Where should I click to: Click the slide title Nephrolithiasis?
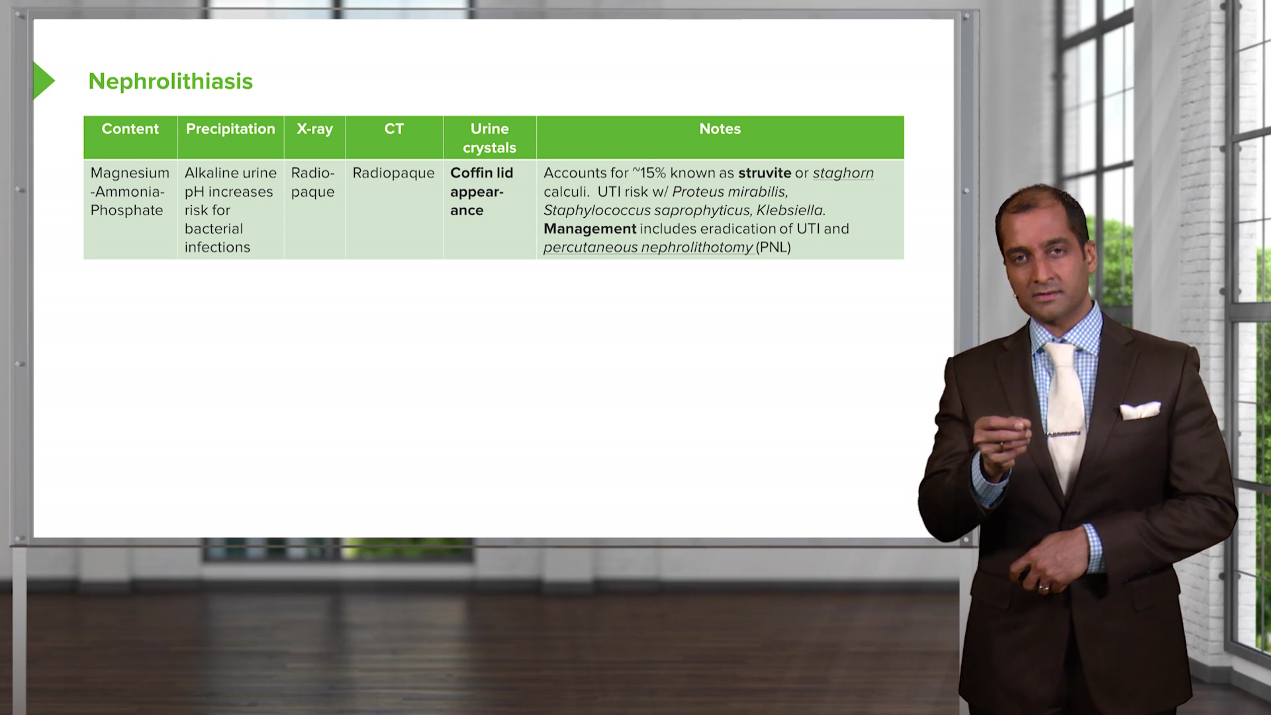170,81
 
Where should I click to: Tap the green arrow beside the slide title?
43,81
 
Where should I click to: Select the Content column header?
130,129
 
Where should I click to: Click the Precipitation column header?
230,129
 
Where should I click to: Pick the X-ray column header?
314,130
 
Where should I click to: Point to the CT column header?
394,129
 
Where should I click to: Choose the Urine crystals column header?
489,138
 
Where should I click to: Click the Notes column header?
720,129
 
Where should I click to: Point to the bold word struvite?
765,173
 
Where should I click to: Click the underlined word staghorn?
843,173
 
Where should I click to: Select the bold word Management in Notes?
590,229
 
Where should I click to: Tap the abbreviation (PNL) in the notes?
773,248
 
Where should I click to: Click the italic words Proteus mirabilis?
730,192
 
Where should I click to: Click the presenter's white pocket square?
1140,410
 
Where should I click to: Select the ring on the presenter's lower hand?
1044,587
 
